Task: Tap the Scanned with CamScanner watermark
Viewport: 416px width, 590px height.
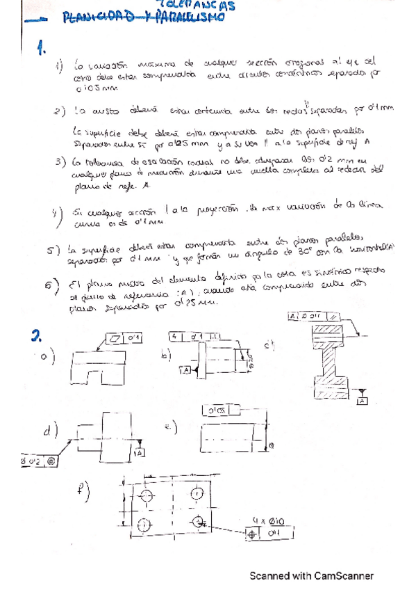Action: click(312, 576)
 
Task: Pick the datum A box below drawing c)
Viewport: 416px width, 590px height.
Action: click(362, 401)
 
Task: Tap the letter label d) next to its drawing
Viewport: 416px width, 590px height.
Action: click(49, 431)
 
